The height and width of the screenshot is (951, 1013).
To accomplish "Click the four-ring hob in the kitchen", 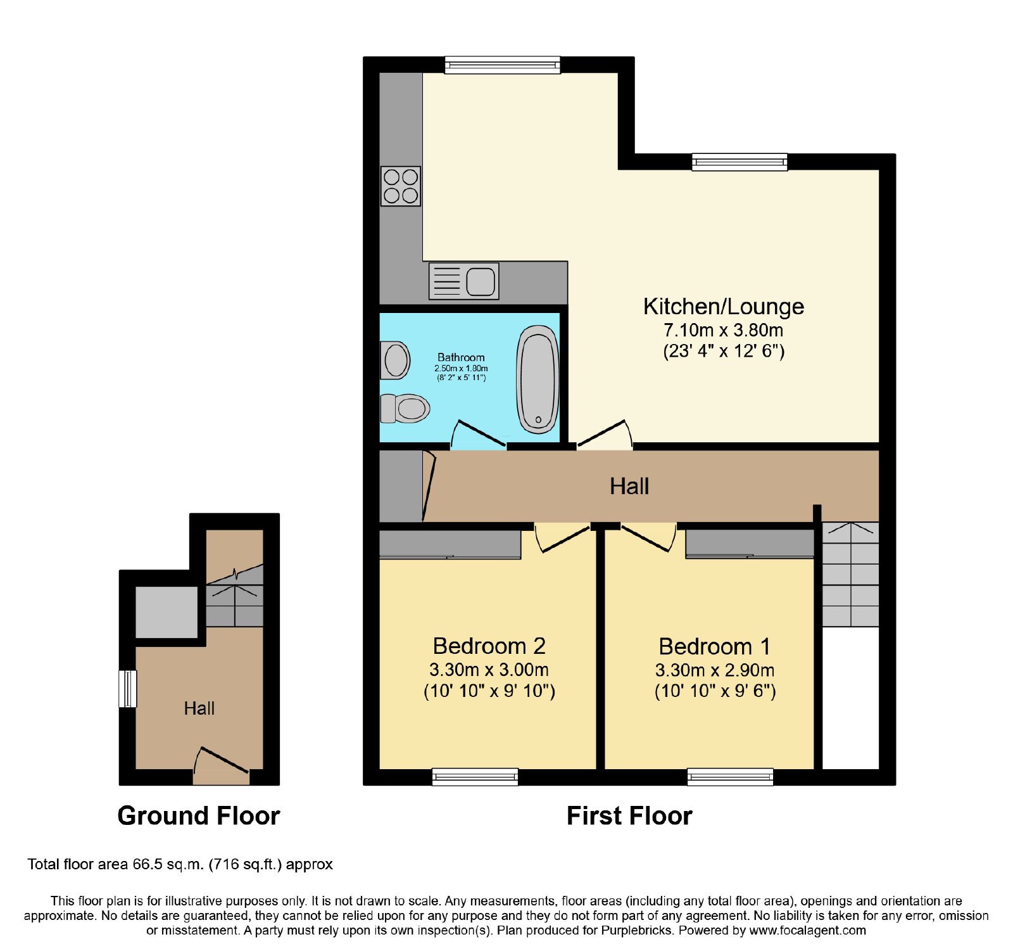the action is [x=401, y=186].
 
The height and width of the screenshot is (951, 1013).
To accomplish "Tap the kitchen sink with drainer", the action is [x=464, y=281].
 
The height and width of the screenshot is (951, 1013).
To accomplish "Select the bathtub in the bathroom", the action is [x=538, y=380].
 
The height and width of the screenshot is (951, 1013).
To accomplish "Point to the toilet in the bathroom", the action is [x=405, y=408].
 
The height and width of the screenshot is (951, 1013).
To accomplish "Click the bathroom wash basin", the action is [x=395, y=360].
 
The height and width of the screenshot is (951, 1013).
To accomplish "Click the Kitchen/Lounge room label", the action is [x=724, y=307].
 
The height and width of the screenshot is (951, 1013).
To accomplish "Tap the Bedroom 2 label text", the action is [x=489, y=646].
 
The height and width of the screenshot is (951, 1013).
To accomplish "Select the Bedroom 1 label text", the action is [x=715, y=647].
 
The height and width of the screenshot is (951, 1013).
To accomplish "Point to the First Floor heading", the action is [x=629, y=816].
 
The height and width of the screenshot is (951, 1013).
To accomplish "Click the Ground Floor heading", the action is [x=199, y=816].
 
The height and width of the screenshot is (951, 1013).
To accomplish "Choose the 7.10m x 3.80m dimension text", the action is [x=723, y=330].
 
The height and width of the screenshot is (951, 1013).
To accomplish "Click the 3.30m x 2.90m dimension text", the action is [x=715, y=670].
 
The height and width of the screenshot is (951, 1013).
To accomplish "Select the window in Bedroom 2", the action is [x=475, y=777].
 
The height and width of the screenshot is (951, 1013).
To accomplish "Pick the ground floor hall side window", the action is [x=128, y=689].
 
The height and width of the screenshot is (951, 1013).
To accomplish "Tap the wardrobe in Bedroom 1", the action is [x=750, y=544].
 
